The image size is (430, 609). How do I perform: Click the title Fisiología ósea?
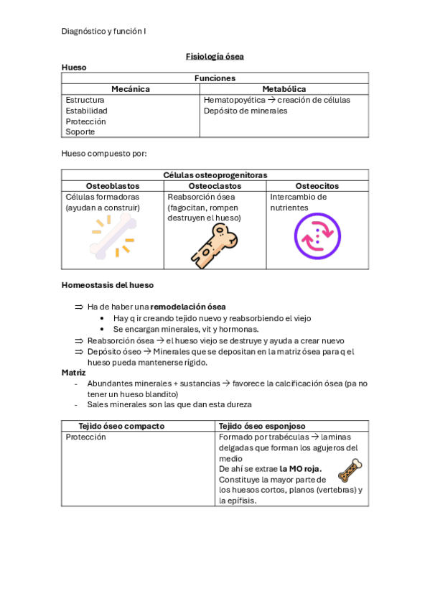[x=215, y=56]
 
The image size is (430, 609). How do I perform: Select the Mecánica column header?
[x=130, y=89]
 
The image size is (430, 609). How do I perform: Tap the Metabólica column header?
[x=284, y=89]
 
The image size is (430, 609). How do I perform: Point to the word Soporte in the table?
[x=80, y=132]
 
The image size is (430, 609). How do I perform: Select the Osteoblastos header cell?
[x=112, y=186]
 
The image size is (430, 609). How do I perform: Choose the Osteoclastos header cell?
[x=215, y=186]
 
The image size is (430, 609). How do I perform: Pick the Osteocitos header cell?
[x=317, y=186]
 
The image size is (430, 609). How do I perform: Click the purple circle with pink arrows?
[x=317, y=236]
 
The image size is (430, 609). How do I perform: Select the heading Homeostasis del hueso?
[x=107, y=286]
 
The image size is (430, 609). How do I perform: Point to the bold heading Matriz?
[x=74, y=373]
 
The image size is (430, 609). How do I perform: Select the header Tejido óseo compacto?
[x=121, y=426]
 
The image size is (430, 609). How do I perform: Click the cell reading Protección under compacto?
[x=85, y=437]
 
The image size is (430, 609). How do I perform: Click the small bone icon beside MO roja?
[x=350, y=470]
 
